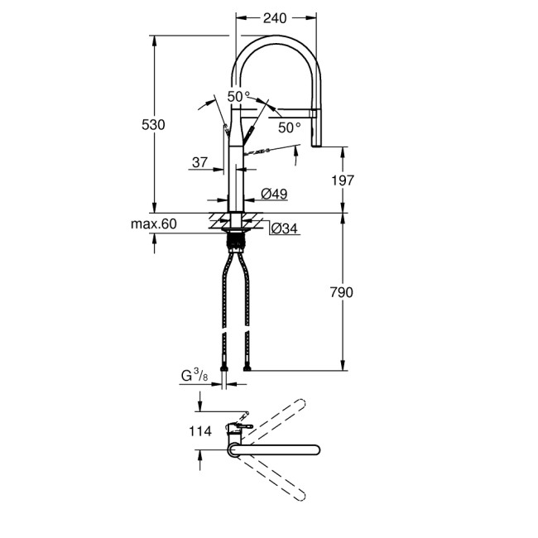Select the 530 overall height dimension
pyautogui.click(x=155, y=124)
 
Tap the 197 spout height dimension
pyautogui.click(x=342, y=180)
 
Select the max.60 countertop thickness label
pyautogui.click(x=154, y=224)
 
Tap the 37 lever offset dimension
pyautogui.click(x=199, y=163)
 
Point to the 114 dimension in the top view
pyautogui.click(x=200, y=431)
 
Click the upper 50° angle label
pyautogui.click(x=239, y=97)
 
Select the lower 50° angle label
pyautogui.click(x=289, y=127)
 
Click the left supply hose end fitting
pyautogui.click(x=225, y=365)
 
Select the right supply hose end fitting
pyautogui.click(x=247, y=365)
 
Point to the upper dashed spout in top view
pyautogui.click(x=273, y=419)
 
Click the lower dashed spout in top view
pyautogui.click(x=273, y=478)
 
